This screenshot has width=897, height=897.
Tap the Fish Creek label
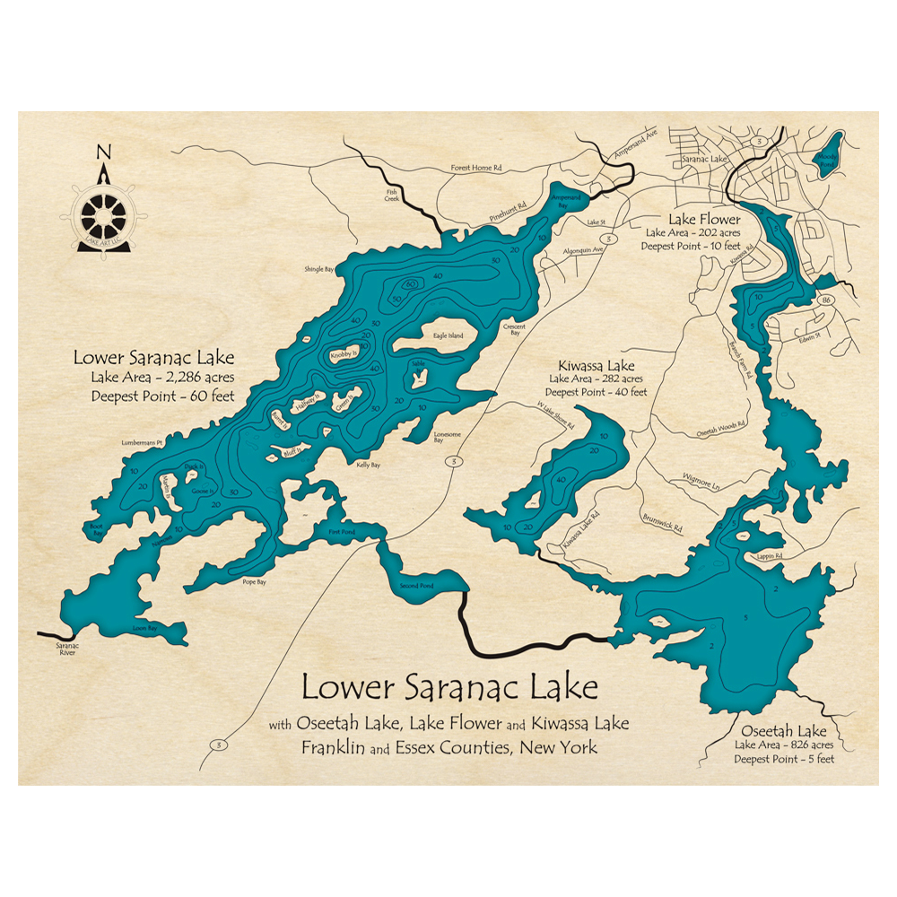tap(391, 195)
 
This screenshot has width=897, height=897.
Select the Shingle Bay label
tap(319, 267)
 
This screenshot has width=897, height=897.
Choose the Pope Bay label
tap(254, 581)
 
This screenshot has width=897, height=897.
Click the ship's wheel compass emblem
tap(105, 214)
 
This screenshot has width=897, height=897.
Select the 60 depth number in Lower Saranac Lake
tap(411, 284)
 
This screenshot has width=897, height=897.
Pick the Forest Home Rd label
tap(476, 168)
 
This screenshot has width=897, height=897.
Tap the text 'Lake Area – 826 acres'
tap(784, 745)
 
